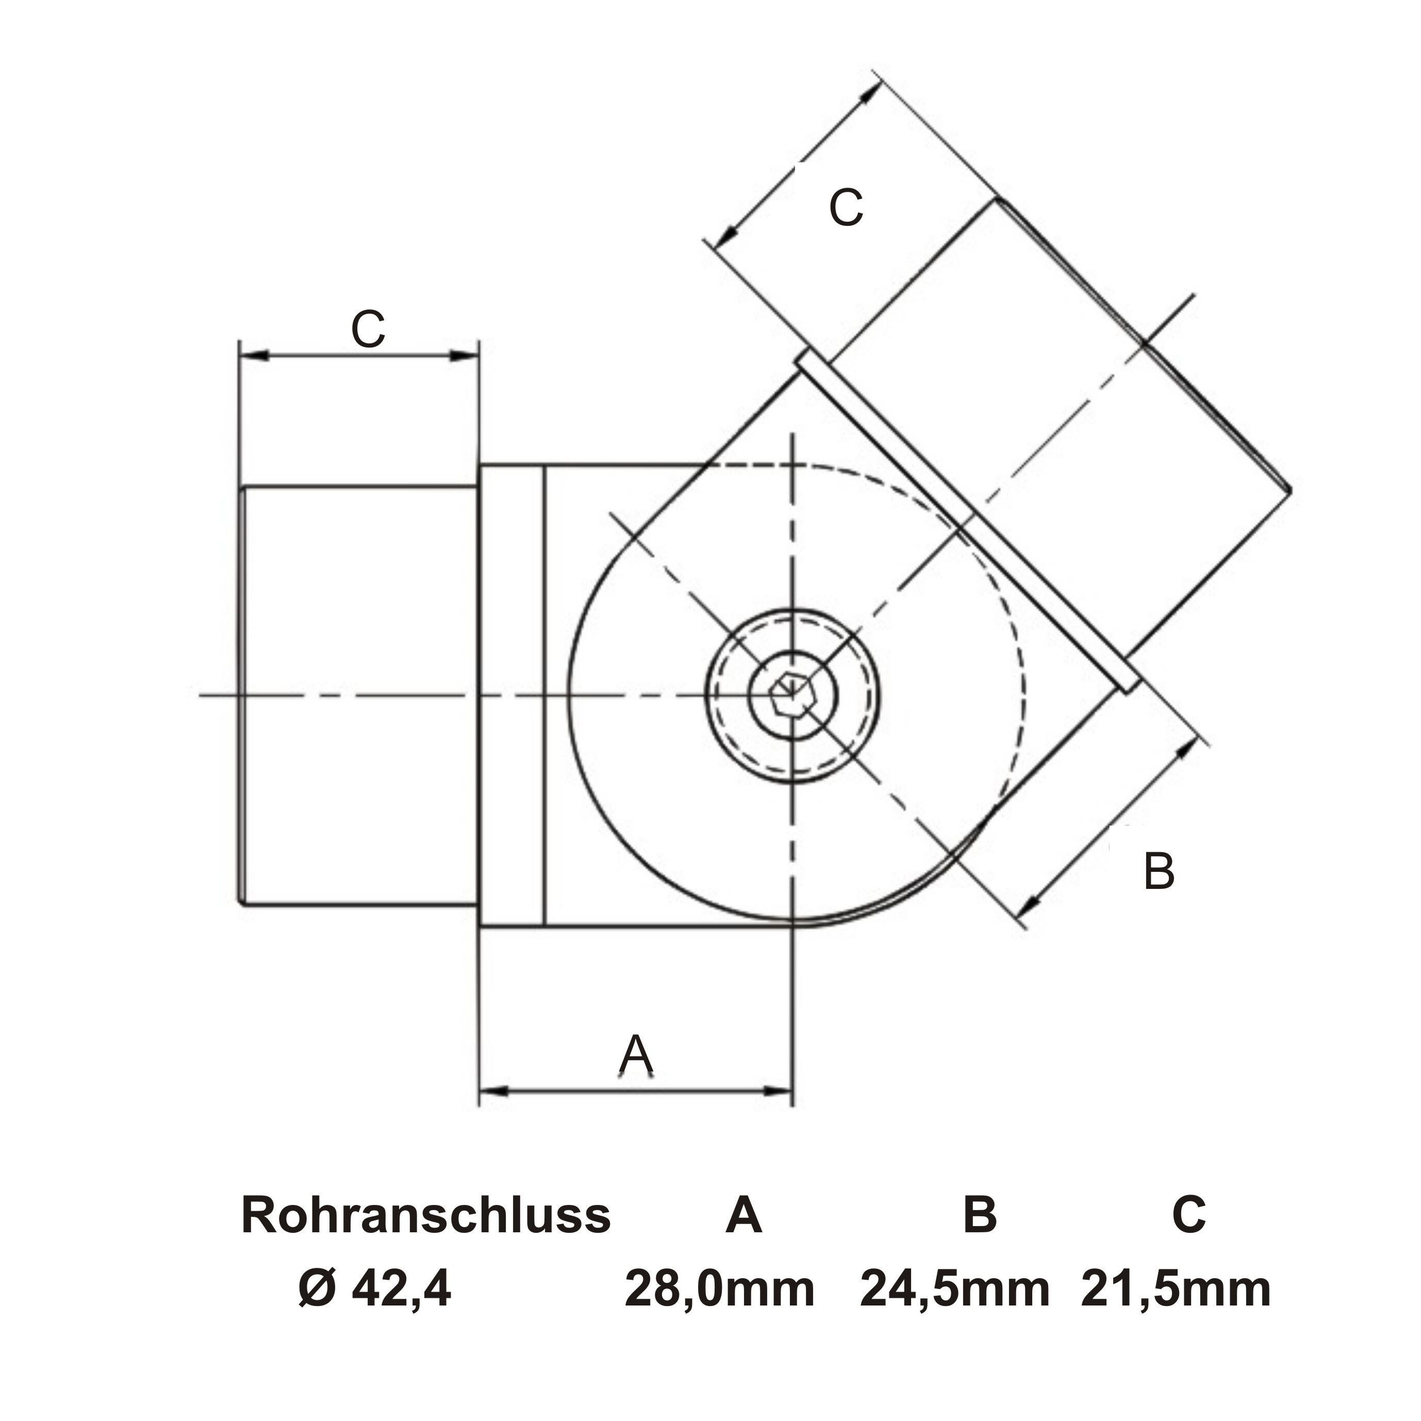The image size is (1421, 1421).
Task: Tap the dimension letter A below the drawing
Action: tap(636, 1055)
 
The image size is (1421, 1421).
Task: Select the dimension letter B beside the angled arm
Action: tap(1159, 871)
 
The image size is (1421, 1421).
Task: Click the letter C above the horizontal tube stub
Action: tap(368, 329)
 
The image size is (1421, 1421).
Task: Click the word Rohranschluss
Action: tap(426, 1215)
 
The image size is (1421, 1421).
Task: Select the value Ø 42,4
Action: tap(375, 1290)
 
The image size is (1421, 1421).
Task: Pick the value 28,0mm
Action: tap(719, 1290)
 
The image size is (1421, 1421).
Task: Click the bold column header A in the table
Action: tap(743, 1215)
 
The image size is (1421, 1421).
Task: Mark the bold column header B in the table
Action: tap(980, 1215)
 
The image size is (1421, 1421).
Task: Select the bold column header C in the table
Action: tap(1188, 1215)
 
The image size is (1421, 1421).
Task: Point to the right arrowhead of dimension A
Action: tap(778, 1092)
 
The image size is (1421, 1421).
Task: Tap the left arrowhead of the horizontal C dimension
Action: tap(253, 355)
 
